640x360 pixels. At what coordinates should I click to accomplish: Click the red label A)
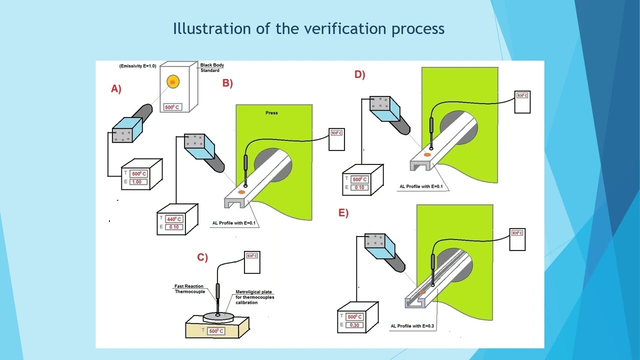[x=116, y=89]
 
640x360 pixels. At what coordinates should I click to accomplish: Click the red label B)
[x=227, y=83]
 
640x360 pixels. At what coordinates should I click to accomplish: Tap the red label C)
[x=202, y=257]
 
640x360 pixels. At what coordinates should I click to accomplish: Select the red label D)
[x=359, y=74]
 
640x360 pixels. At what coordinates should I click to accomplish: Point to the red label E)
[x=343, y=213]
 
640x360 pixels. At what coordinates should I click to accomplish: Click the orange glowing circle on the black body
[x=173, y=81]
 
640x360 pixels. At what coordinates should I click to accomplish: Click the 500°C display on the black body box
[x=172, y=107]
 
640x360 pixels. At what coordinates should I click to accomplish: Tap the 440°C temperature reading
[x=174, y=219]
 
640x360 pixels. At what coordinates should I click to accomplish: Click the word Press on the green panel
[x=271, y=113]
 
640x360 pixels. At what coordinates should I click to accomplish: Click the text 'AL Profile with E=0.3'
[x=412, y=326]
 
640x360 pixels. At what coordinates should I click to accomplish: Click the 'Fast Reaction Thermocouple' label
[x=189, y=289]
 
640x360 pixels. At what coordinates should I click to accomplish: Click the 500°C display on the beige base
[x=216, y=331]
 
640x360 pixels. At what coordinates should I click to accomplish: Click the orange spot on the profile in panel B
[x=241, y=192]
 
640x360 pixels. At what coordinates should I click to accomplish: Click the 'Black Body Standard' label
[x=212, y=67]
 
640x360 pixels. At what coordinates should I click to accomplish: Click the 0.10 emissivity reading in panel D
[x=359, y=187]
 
